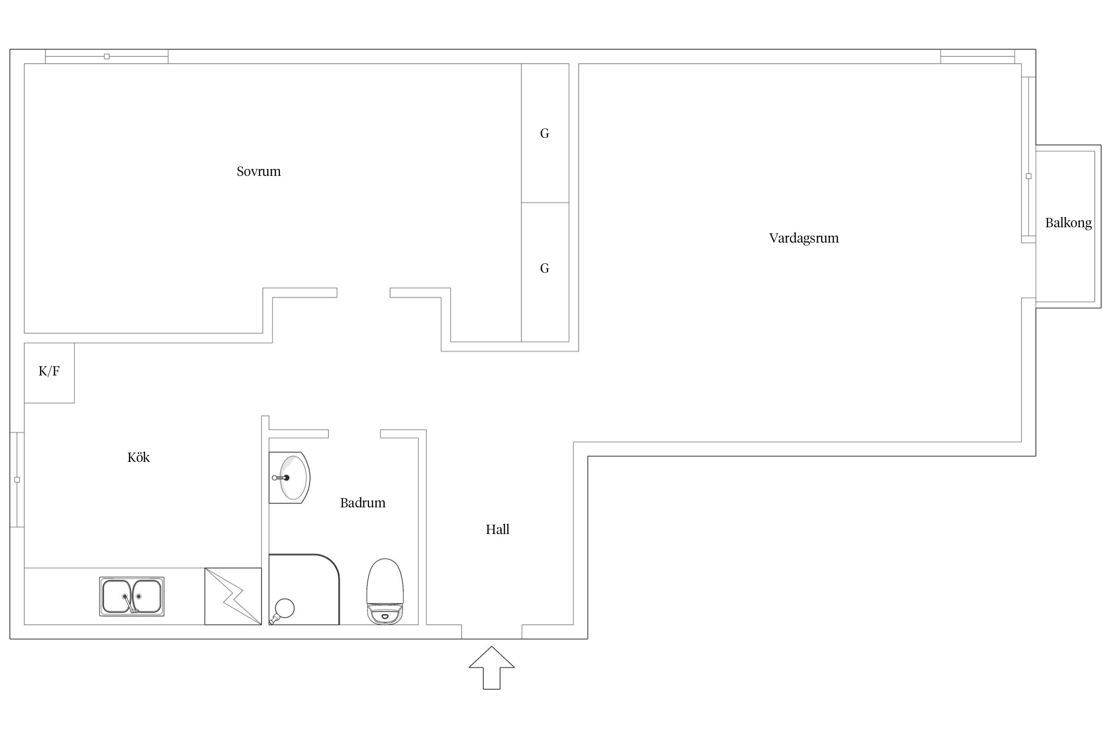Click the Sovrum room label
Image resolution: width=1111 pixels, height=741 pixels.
[258, 171]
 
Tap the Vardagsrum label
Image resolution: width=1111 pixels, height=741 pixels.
[803, 238]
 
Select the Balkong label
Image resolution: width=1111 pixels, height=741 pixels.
[1068, 223]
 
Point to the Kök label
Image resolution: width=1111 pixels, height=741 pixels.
[138, 457]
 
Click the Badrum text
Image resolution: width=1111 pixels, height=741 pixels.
[362, 503]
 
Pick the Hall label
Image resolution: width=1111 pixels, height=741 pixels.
[497, 530]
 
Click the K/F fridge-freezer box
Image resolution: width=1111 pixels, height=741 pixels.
[49, 373]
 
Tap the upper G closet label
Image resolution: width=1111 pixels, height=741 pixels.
[545, 133]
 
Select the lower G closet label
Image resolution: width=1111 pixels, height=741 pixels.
[545, 268]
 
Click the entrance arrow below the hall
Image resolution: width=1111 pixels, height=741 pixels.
[492, 668]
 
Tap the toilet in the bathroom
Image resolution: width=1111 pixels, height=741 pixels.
[385, 592]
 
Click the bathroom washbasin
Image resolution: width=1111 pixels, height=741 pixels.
[289, 478]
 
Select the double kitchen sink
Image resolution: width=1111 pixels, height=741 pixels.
[132, 596]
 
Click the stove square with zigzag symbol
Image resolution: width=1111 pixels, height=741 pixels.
[233, 596]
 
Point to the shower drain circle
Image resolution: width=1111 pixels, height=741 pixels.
[284, 608]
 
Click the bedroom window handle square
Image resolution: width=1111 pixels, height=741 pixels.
[107, 56]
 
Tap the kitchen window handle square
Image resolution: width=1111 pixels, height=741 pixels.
[17, 480]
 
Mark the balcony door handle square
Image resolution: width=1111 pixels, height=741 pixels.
[1029, 176]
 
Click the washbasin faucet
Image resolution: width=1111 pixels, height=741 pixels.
[280, 478]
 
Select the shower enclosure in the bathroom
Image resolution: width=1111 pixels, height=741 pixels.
[304, 589]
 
